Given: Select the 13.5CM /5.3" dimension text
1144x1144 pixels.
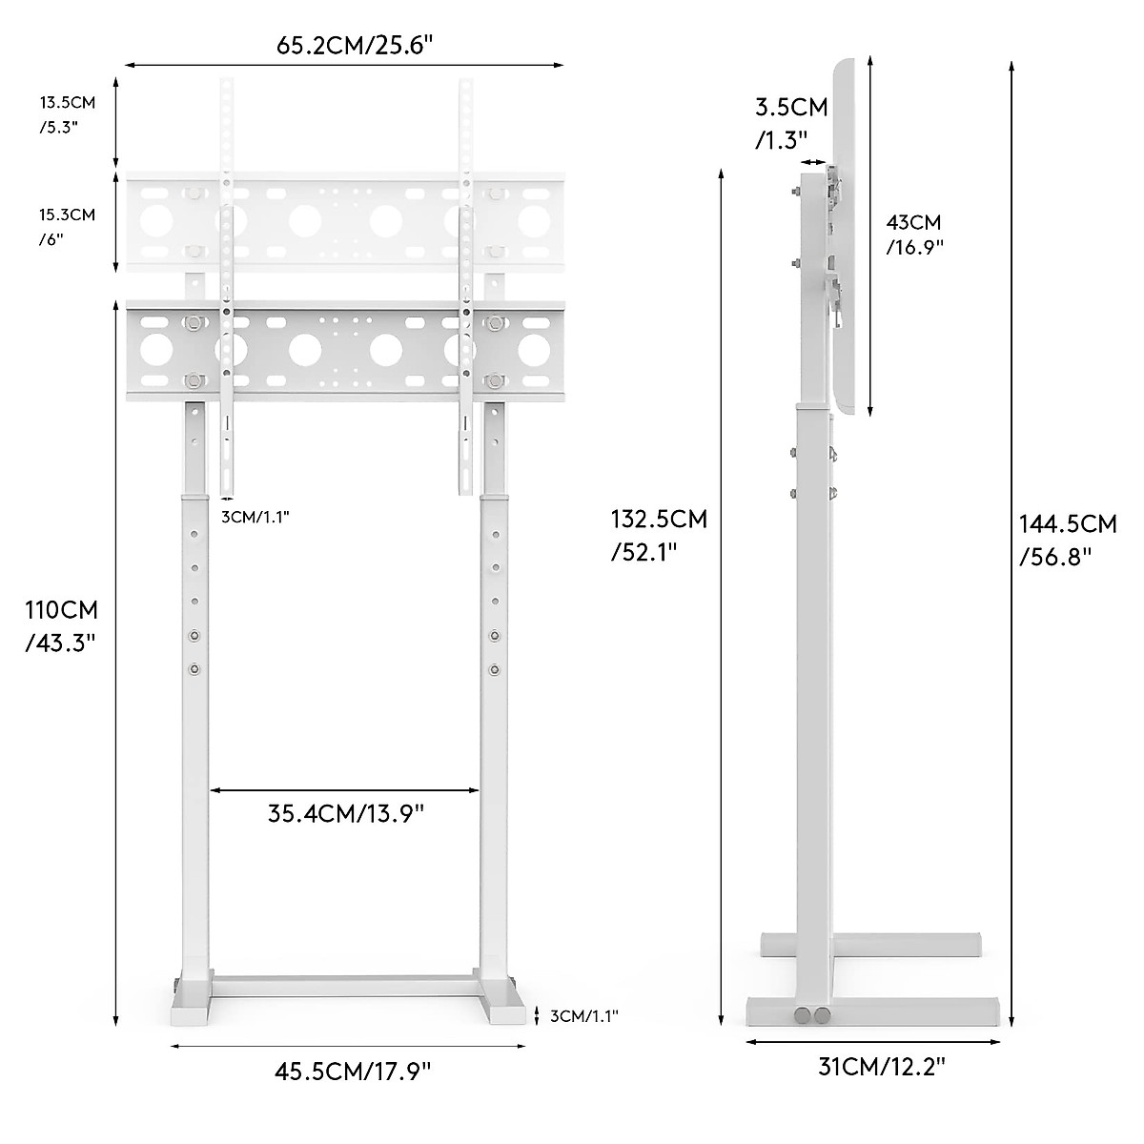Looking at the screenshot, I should pyautogui.click(x=66, y=113).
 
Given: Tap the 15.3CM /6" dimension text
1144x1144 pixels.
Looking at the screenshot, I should pyautogui.click(x=67, y=227).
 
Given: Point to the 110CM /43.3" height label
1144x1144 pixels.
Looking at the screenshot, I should pyautogui.click(x=61, y=625).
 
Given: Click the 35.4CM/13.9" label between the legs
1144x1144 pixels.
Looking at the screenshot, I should pyautogui.click(x=345, y=814).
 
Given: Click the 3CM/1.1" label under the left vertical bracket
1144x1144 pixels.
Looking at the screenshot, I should pyautogui.click(x=255, y=517).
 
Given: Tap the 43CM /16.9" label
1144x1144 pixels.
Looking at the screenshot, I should pyautogui.click(x=914, y=235).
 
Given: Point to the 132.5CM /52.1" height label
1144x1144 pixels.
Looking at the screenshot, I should pyautogui.click(x=659, y=535).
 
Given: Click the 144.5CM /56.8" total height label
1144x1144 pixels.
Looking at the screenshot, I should pyautogui.click(x=1068, y=539).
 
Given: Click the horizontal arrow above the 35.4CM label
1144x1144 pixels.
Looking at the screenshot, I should pyautogui.click(x=344, y=789).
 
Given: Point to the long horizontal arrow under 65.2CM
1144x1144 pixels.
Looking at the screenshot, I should pyautogui.click(x=344, y=66).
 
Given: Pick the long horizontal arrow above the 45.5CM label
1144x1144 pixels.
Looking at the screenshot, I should pyautogui.click(x=348, y=1072).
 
